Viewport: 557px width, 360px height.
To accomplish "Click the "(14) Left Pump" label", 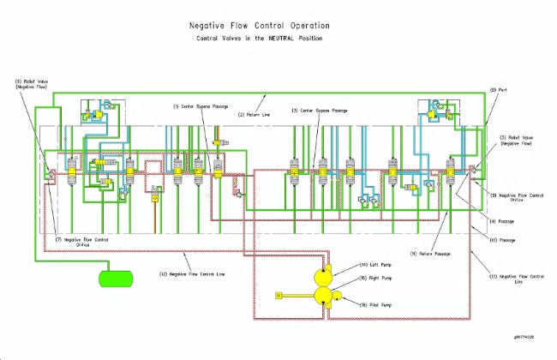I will [371, 265].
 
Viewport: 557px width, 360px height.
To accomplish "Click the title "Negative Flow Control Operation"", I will [259, 26].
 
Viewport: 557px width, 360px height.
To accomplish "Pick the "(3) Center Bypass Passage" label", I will [320, 110].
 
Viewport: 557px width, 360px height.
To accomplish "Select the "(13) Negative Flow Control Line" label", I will [520, 278].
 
